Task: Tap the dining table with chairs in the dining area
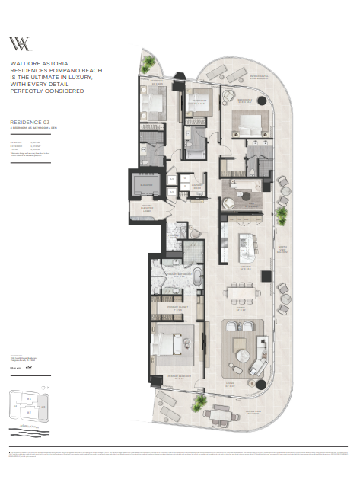tap(241, 292)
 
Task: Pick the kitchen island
tap(248, 243)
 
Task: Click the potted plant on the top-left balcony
tap(149, 62)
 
